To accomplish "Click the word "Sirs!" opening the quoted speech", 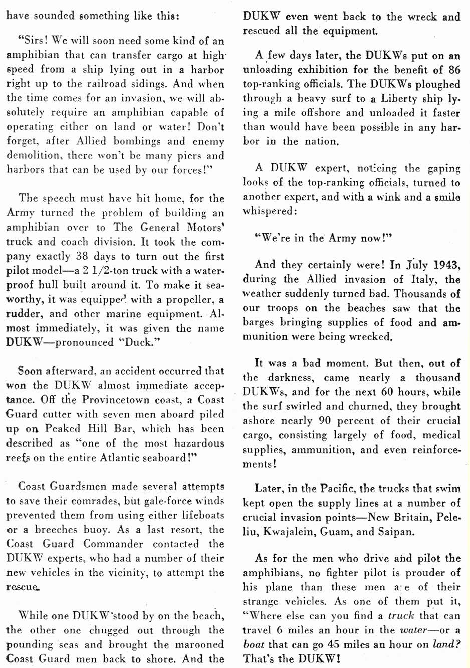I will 33,40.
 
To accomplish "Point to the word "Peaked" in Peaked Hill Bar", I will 62,429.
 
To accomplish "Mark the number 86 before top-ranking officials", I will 454,69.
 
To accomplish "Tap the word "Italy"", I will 424,279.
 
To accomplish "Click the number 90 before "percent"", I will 325,420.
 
